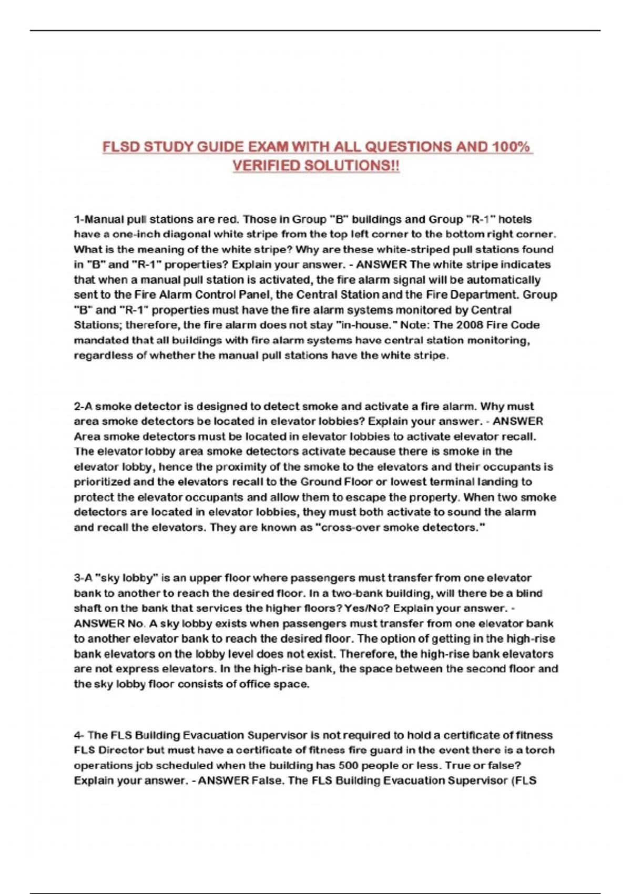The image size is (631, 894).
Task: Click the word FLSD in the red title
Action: (x=121, y=147)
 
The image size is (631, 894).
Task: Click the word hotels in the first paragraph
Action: (x=515, y=219)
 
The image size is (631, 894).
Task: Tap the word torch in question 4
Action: (x=542, y=750)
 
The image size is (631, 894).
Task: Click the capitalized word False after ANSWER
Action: (x=267, y=780)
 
